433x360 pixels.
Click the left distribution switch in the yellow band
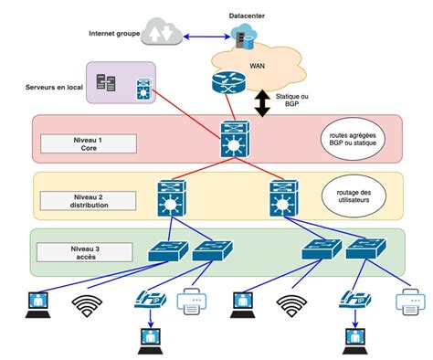[171, 197]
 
